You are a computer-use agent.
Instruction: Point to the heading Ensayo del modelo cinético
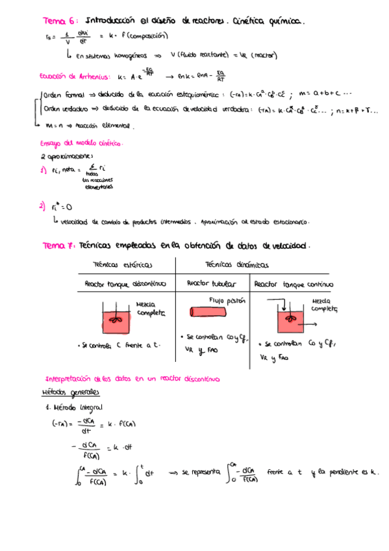(82, 143)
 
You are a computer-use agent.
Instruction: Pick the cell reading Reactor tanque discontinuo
(125, 284)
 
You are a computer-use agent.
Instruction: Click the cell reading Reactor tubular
(212, 284)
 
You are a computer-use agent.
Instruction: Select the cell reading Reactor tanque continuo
(294, 284)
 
